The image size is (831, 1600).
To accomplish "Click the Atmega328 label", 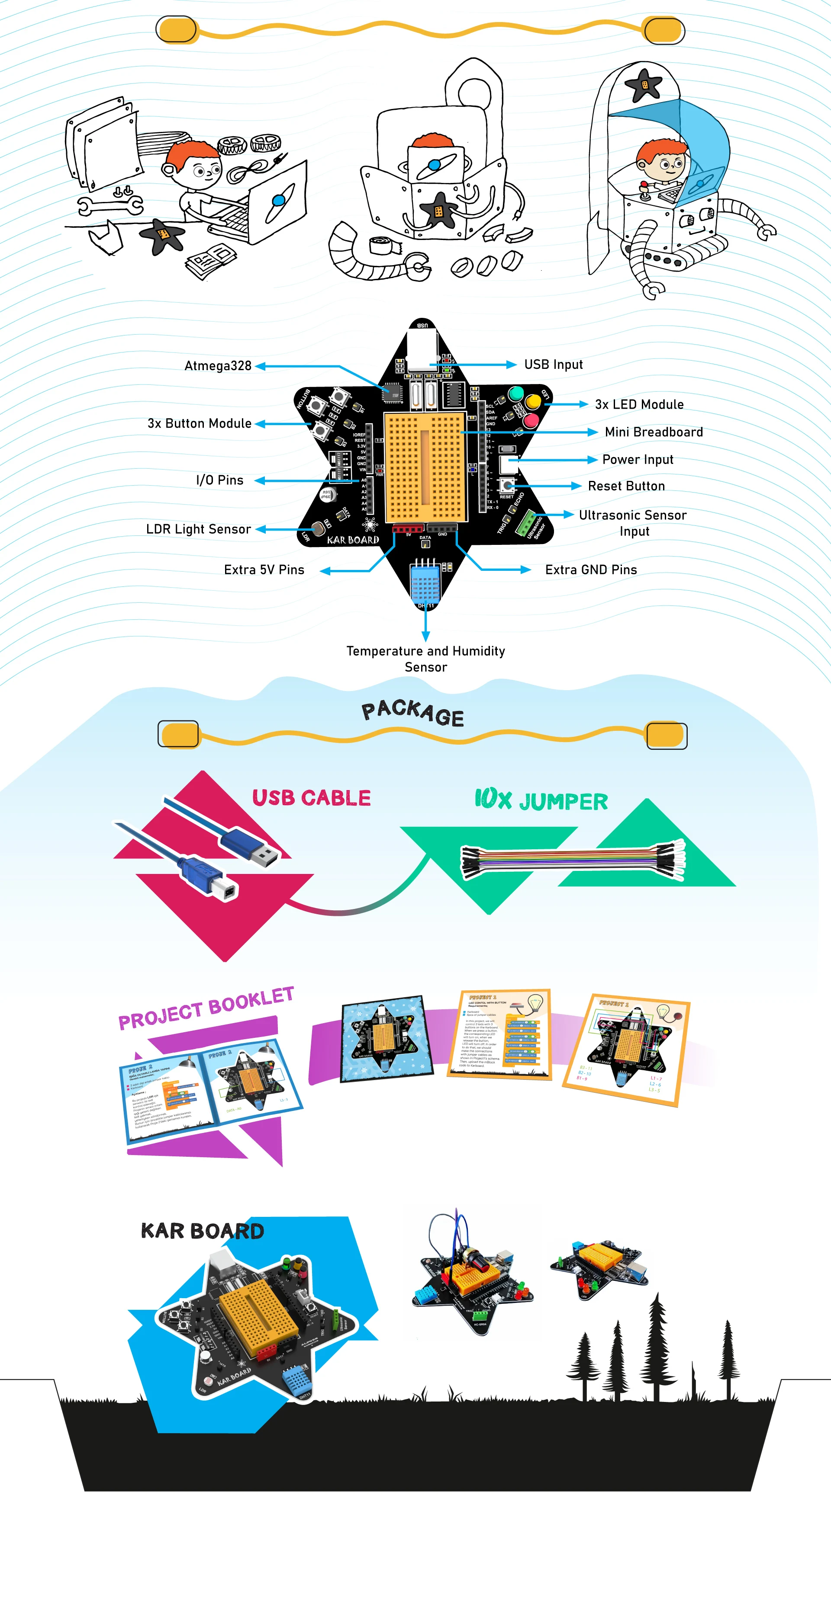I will pos(218,366).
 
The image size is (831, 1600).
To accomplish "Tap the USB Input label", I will pos(553,365).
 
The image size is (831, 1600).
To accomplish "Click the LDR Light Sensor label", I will pos(198,529).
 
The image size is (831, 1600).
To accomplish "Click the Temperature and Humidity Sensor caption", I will pos(426,659).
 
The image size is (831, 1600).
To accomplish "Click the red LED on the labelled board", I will pos(531,420).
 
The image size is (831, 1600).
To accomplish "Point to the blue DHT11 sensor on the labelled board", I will pos(425,582).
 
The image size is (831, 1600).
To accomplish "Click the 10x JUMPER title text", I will pos(541,800).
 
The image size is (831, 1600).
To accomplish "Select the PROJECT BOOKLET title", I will pos(206,1008).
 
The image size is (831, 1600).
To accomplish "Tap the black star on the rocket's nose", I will pos(643,84).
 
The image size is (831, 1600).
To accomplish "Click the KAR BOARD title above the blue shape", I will pos(203,1230).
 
